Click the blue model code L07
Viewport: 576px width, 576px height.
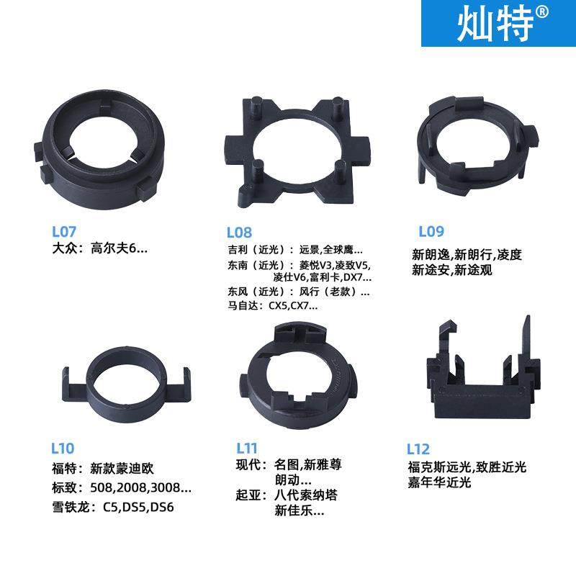(64, 232)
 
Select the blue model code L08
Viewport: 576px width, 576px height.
(239, 232)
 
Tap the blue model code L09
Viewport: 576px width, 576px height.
(431, 232)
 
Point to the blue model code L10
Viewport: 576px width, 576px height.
(62, 449)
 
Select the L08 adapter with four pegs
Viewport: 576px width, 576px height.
(296, 151)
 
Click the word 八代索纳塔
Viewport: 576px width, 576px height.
(305, 495)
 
